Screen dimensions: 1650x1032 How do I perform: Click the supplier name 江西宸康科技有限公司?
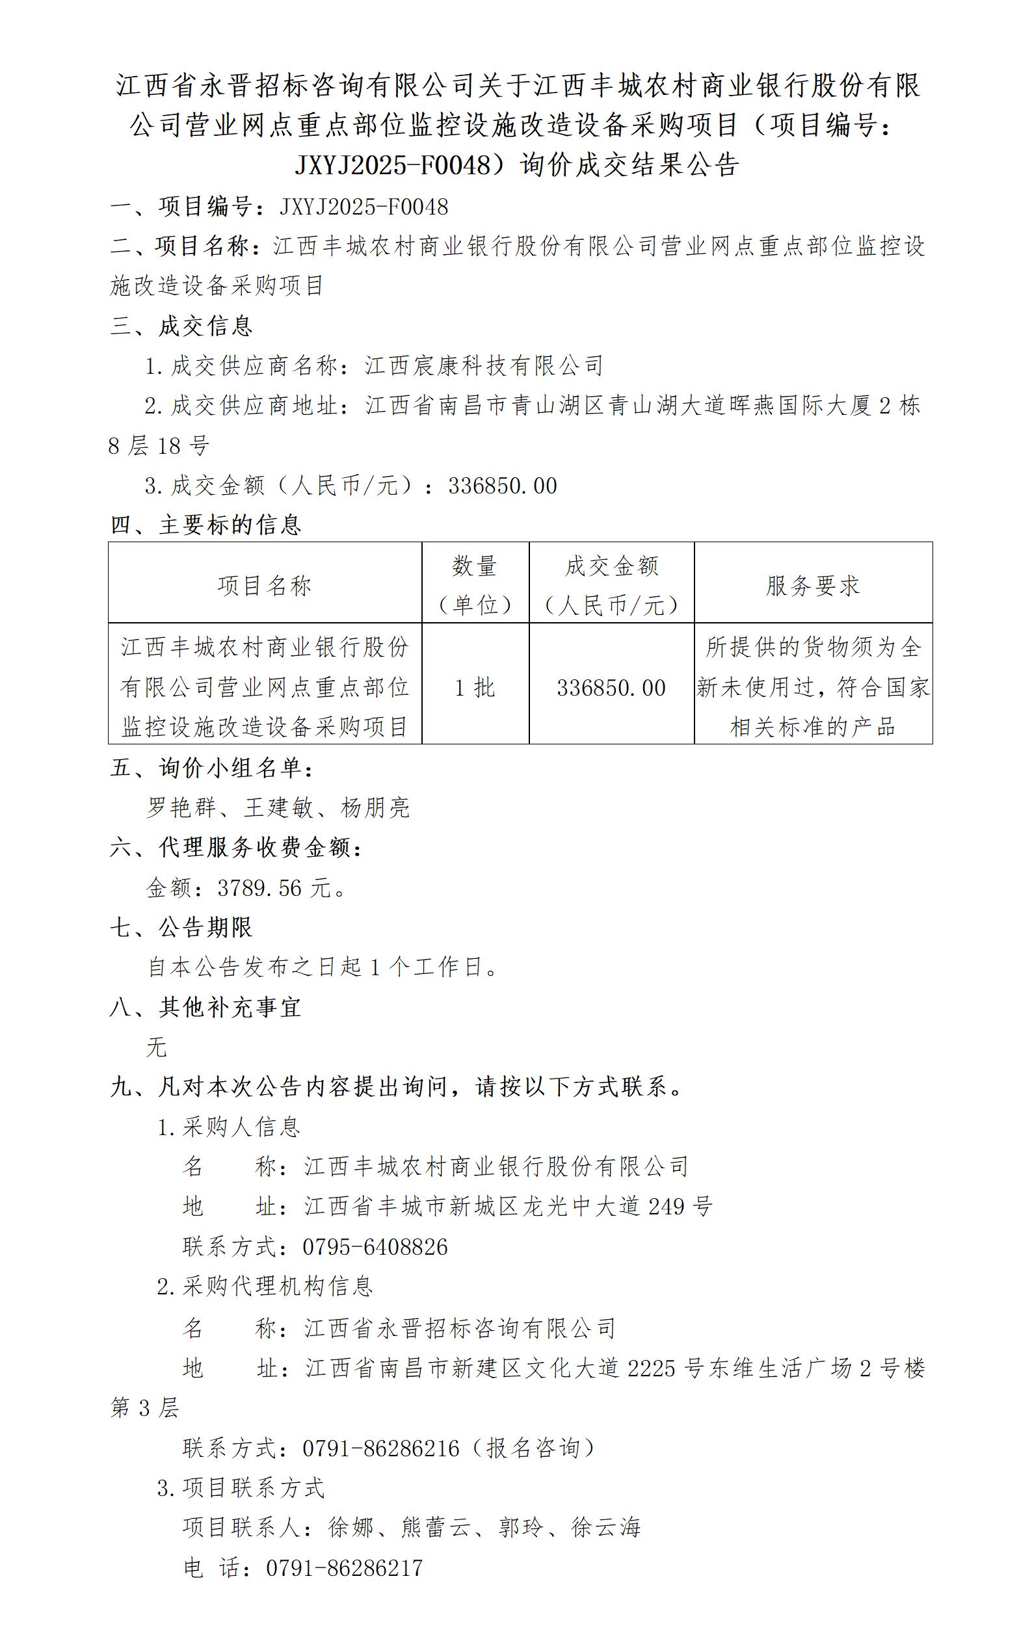click(484, 366)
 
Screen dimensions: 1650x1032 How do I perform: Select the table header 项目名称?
click(264, 585)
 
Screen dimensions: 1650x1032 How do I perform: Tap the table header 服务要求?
click(812, 585)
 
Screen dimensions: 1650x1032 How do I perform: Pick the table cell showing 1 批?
click(475, 687)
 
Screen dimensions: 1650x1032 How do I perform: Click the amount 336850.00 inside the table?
click(611, 687)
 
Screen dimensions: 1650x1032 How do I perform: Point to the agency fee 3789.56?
click(259, 888)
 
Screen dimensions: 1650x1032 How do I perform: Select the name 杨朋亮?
click(375, 808)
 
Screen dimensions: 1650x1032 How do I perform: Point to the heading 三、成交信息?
click(181, 326)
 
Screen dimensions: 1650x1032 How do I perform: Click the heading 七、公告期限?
click(181, 927)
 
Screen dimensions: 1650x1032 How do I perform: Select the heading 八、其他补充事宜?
click(205, 1007)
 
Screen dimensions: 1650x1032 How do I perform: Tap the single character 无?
click(156, 1047)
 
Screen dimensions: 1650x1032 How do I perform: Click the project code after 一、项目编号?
click(364, 206)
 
